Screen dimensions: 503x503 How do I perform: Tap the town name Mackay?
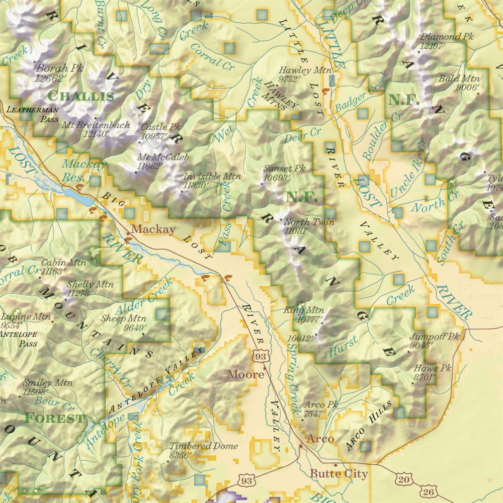click(x=153, y=230)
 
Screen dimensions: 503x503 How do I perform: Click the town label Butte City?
click(x=339, y=474)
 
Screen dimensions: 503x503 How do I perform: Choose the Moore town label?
click(x=245, y=374)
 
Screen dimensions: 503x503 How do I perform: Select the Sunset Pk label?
click(x=284, y=169)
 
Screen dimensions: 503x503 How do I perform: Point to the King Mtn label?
click(x=304, y=310)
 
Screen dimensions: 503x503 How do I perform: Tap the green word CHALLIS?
click(x=80, y=96)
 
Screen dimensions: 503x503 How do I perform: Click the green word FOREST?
click(x=54, y=418)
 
